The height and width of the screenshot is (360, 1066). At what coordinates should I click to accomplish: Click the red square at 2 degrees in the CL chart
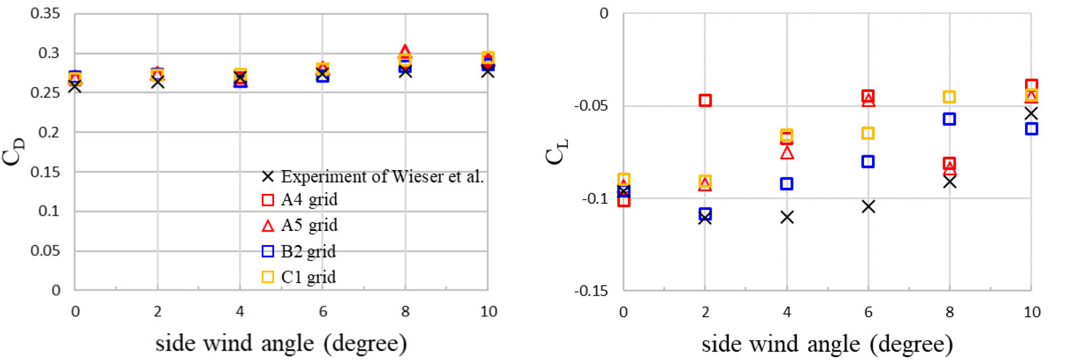(x=705, y=100)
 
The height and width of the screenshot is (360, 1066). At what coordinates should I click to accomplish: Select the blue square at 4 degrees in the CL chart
(x=787, y=184)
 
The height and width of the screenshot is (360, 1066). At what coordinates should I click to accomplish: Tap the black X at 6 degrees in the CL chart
(x=868, y=206)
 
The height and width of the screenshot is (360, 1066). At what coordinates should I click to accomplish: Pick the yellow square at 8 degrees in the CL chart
(x=949, y=97)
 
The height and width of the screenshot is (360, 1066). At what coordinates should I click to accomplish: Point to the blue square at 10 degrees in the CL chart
(x=1031, y=129)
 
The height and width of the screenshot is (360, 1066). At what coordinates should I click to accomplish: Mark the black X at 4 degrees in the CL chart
(x=787, y=217)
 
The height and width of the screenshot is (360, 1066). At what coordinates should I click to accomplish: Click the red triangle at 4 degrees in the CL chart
(x=787, y=152)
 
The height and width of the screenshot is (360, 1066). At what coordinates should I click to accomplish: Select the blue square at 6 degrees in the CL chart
(x=868, y=162)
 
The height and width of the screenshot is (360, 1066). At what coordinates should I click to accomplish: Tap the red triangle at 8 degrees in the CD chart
(x=405, y=51)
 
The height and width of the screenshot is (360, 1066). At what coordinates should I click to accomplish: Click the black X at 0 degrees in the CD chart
(x=75, y=87)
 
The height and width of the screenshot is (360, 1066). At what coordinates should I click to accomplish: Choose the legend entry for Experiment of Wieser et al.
(x=373, y=177)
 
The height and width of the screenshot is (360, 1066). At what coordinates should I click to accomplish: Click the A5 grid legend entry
(x=300, y=225)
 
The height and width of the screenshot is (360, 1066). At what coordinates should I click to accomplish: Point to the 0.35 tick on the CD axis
(x=45, y=14)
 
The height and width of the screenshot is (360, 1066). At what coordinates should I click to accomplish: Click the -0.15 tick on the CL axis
(x=591, y=291)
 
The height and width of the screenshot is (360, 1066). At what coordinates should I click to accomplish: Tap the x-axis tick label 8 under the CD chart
(x=405, y=312)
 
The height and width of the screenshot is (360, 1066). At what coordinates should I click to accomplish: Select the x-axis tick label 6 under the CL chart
(x=868, y=312)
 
